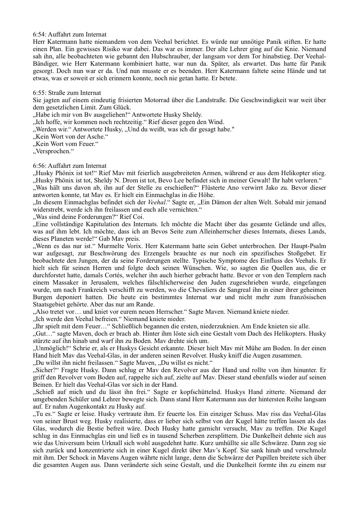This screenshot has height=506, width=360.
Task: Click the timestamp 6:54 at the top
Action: click(x=38, y=34)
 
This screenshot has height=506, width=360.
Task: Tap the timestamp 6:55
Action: click(x=38, y=93)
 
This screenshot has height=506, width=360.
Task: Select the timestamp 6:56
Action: click(x=38, y=166)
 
